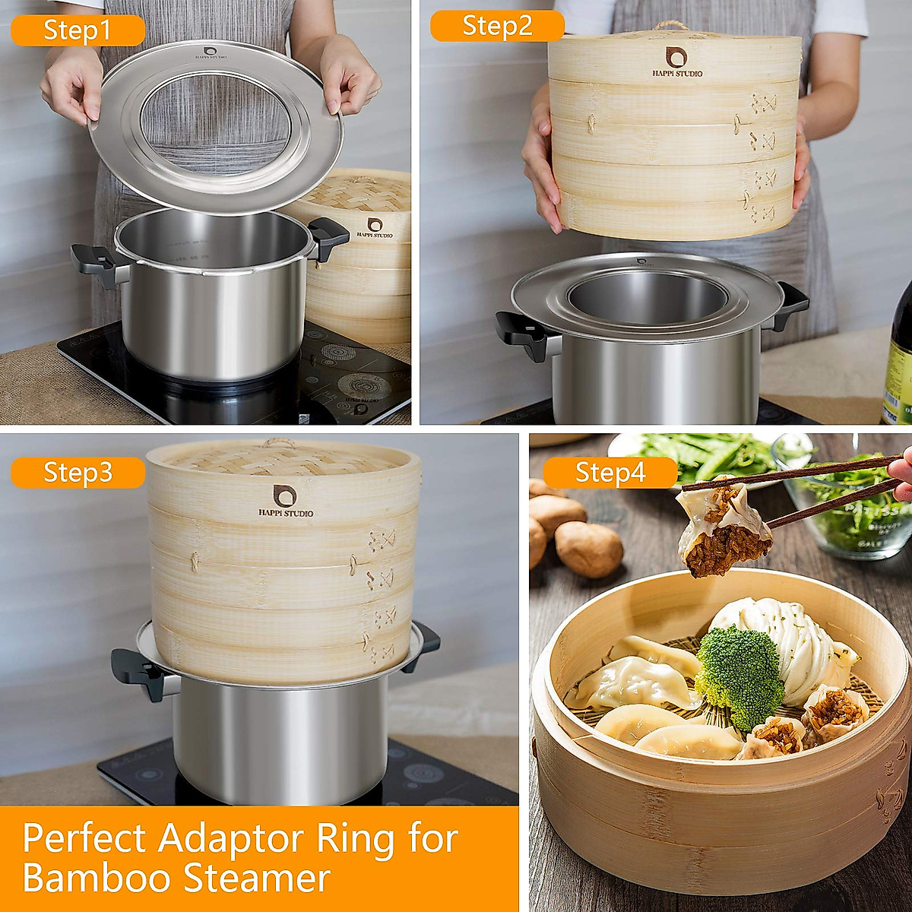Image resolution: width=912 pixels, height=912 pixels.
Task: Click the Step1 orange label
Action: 78,30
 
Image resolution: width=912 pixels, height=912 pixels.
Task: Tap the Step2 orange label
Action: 497,26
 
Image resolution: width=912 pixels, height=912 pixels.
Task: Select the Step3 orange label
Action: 78,472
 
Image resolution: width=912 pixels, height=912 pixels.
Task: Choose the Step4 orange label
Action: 610,472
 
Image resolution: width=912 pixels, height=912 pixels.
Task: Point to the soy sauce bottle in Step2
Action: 898,357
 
